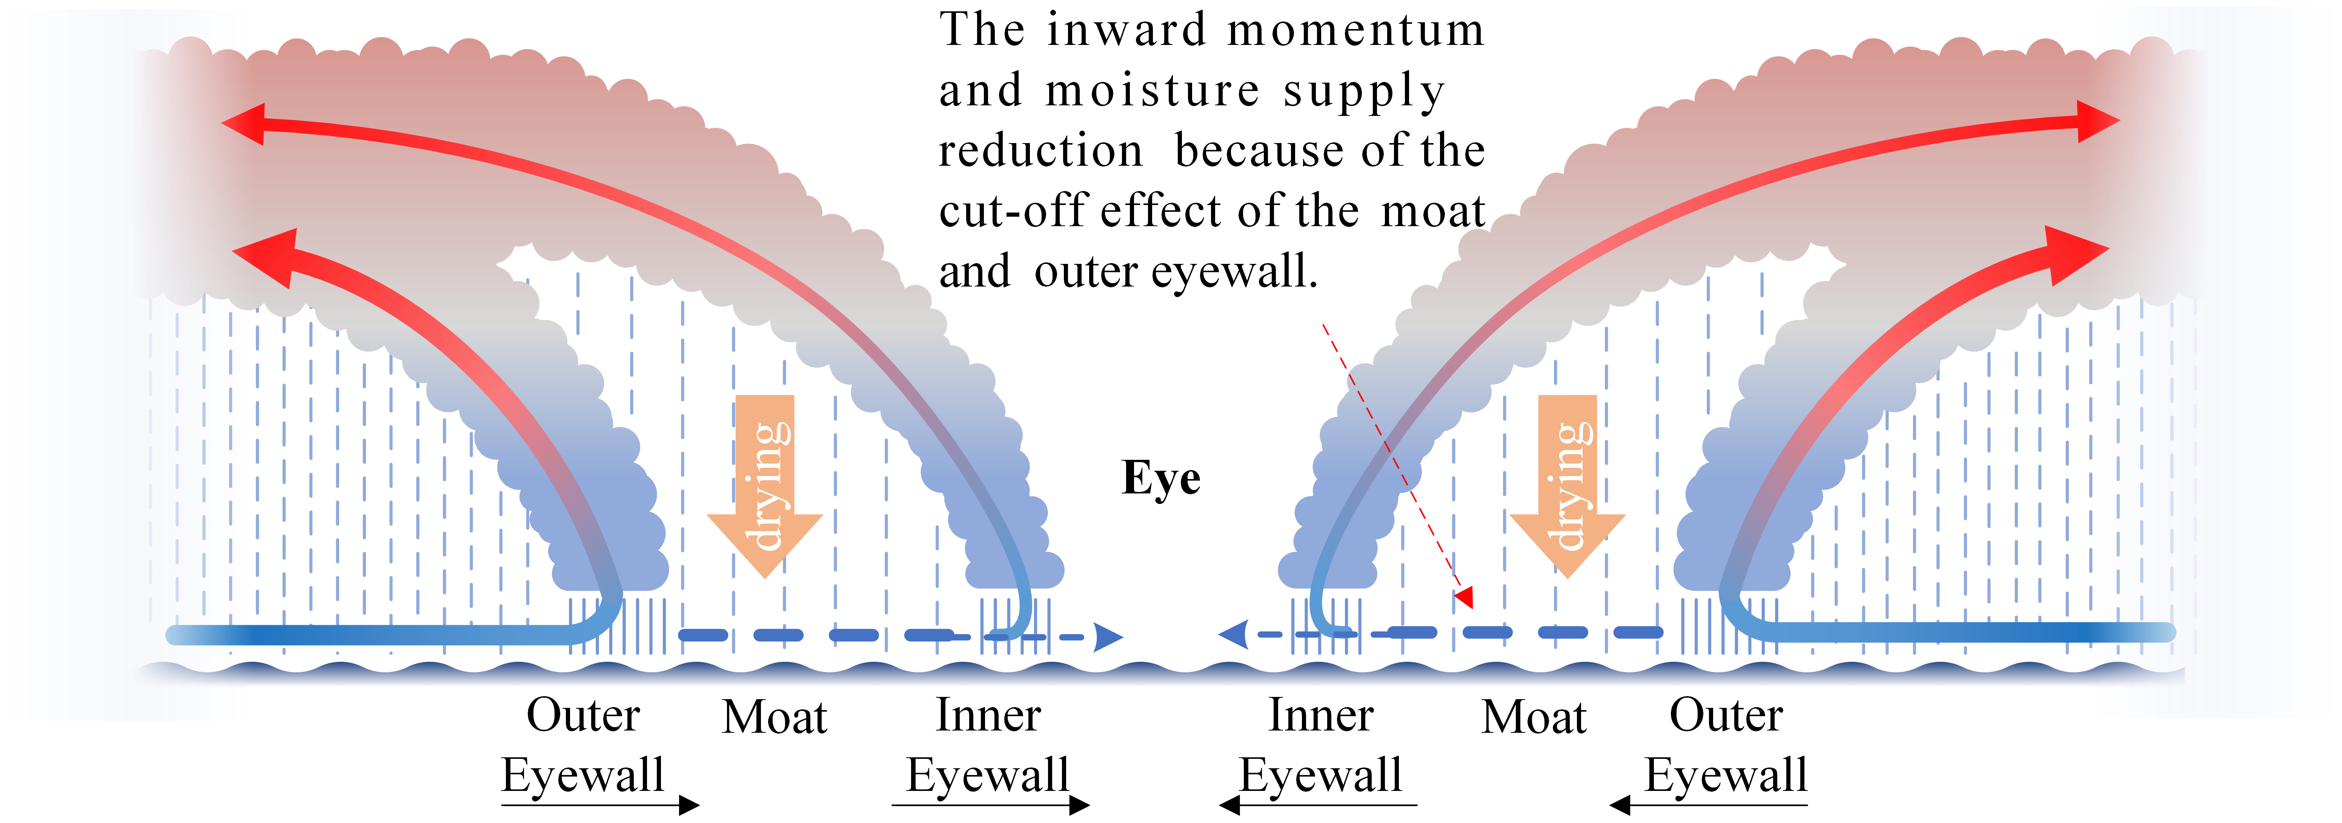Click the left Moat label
[775, 718]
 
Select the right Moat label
[1534, 718]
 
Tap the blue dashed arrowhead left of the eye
[1107, 637]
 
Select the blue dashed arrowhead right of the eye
[1234, 634]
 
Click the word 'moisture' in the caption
[1153, 91]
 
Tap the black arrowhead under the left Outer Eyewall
[689, 805]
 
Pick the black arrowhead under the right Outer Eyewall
[1619, 805]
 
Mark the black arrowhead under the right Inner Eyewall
[1229, 805]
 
